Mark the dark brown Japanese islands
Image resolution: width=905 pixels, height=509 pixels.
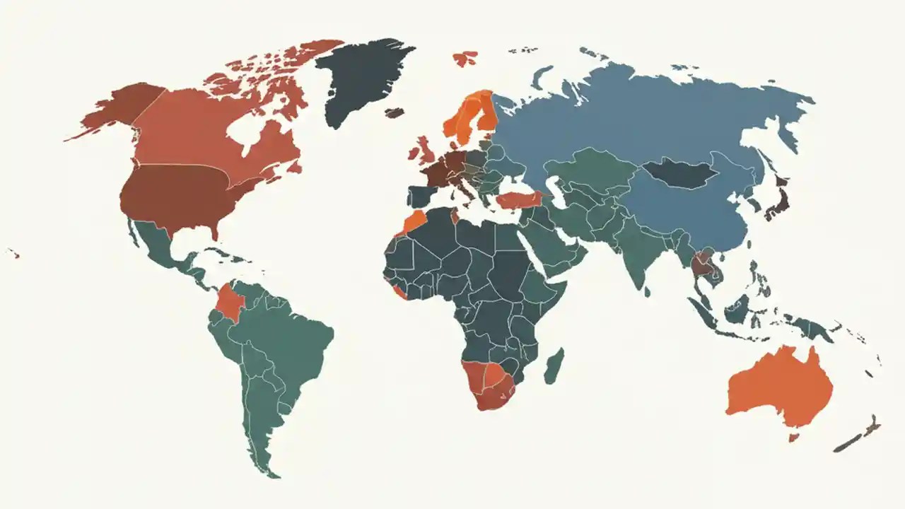(778, 201)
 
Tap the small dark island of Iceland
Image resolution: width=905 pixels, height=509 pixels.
(395, 112)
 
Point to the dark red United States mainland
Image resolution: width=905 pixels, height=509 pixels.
(173, 194)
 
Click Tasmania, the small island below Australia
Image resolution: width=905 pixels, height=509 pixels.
(793, 438)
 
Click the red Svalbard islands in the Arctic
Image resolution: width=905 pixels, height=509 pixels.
(465, 58)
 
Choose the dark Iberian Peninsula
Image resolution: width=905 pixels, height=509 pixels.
(421, 195)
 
